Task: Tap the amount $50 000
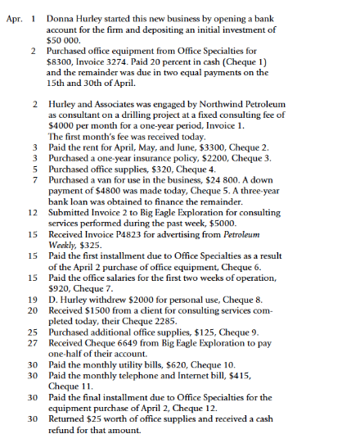(x=63, y=38)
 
